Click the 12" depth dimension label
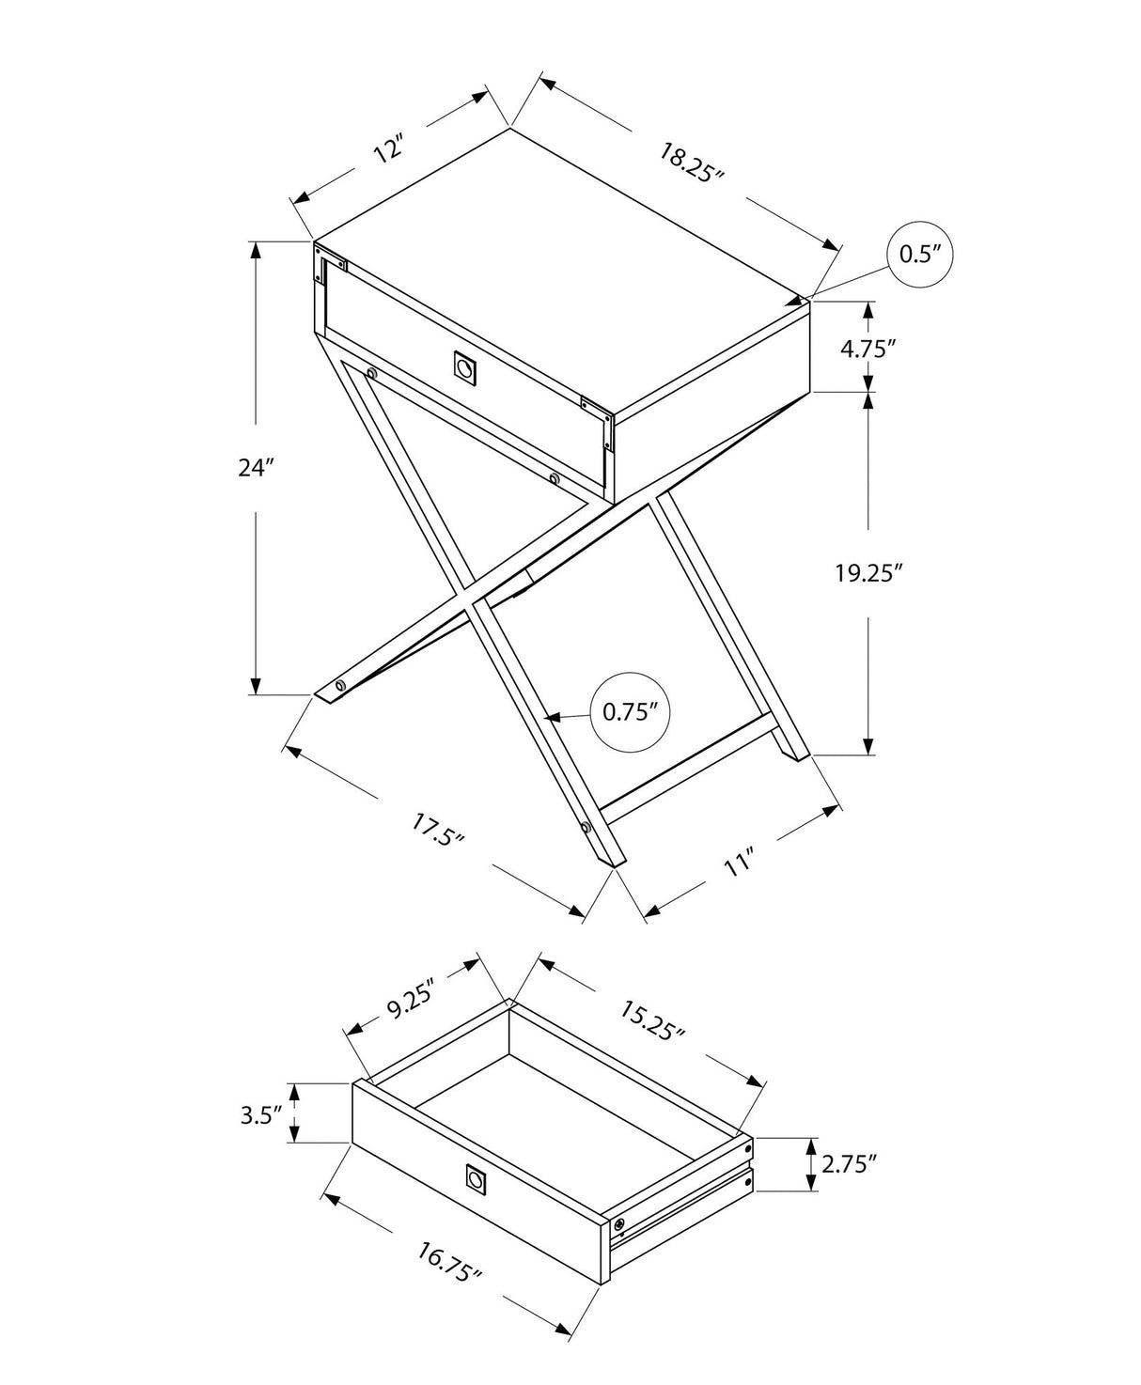click(x=388, y=150)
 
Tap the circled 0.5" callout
click(x=920, y=254)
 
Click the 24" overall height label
click(x=255, y=467)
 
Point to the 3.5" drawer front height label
click(x=262, y=1115)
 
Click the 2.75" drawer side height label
click(x=849, y=1164)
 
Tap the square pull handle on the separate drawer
click(x=477, y=1180)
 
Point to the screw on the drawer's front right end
click(x=618, y=1225)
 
